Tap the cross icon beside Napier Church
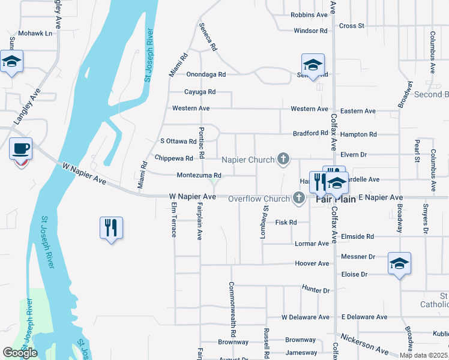pos(283,160)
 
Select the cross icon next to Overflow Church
pos(298,199)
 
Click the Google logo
pos(20,353)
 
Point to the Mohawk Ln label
pos(35,34)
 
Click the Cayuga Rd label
pos(200,92)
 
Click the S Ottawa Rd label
pos(178,142)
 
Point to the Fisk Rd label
pos(286,223)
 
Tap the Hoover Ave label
pos(312,263)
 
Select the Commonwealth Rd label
pos(232,309)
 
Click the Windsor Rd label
pos(310,31)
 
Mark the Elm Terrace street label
pos(173,219)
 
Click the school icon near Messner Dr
pos(400,263)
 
